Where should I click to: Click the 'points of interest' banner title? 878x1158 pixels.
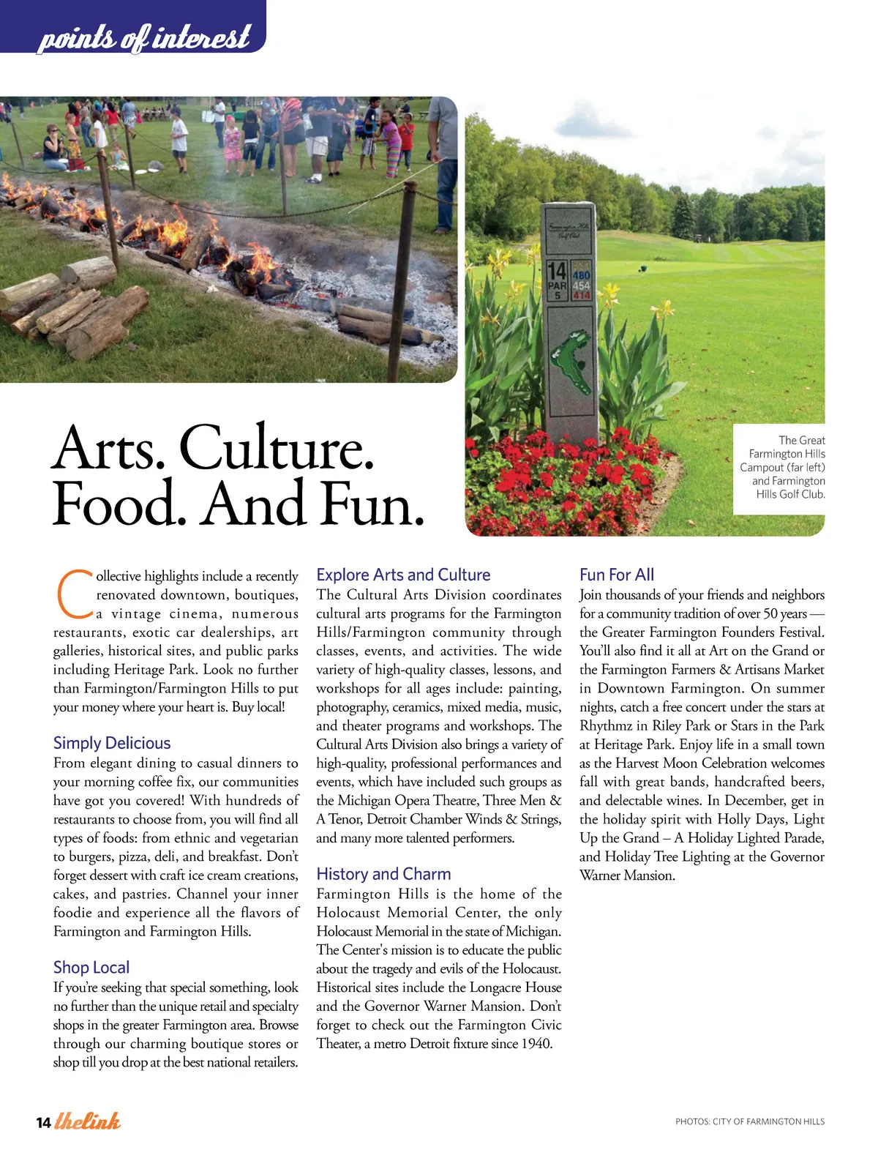tap(143, 37)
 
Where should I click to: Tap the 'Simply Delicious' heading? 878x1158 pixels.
tap(112, 743)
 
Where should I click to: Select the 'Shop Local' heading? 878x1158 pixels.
tap(91, 967)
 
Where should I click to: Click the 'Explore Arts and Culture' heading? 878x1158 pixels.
tap(403, 575)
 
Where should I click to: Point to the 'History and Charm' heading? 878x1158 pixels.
tap(383, 874)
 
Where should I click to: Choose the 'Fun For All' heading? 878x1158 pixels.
tap(617, 575)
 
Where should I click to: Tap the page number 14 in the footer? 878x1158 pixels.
tap(43, 1123)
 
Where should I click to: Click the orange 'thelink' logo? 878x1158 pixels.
tap(88, 1121)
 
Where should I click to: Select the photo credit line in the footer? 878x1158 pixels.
tap(749, 1121)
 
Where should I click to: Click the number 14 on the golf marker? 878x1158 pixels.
tap(558, 272)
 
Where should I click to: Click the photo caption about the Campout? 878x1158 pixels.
tap(782, 467)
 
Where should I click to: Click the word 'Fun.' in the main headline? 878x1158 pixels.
tap(372, 504)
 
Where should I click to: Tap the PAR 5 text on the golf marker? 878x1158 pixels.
tap(558, 290)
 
